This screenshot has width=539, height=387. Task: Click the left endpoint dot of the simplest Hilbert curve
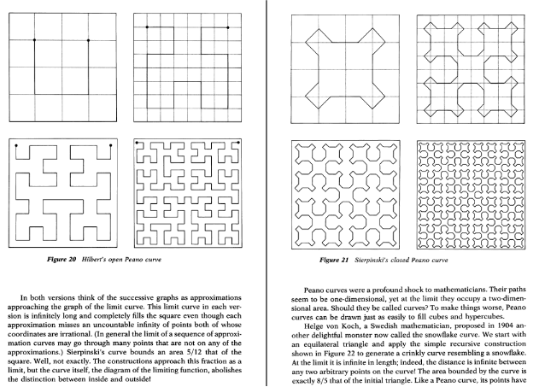pyautogui.click(x=34, y=39)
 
